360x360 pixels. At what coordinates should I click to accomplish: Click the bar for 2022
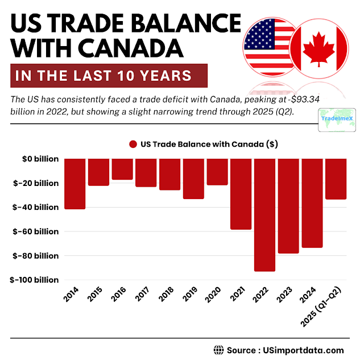(x=264, y=215)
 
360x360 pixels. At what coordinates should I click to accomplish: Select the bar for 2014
(x=75, y=184)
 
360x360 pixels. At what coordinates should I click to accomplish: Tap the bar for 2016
(x=122, y=169)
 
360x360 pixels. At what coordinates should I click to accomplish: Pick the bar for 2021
(x=241, y=194)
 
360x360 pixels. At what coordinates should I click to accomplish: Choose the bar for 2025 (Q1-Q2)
(x=336, y=179)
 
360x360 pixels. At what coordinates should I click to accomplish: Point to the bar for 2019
(x=193, y=179)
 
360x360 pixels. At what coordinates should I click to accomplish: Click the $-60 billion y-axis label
(x=36, y=231)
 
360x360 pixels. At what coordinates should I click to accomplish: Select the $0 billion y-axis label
(x=38, y=159)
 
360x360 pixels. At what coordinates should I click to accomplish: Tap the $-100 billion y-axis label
(x=34, y=280)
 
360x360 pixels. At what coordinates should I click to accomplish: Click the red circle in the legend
(x=134, y=144)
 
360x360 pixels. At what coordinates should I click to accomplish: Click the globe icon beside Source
(x=218, y=350)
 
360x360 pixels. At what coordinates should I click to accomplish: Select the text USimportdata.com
(x=307, y=350)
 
